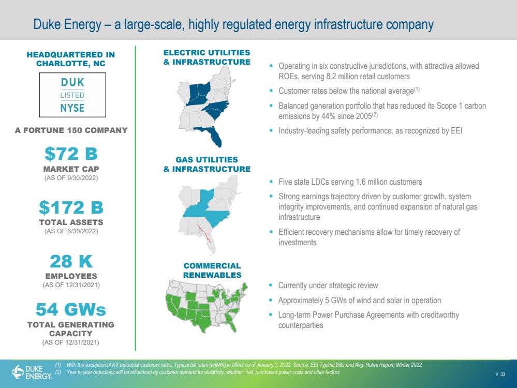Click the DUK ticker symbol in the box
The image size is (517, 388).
coord(72,82)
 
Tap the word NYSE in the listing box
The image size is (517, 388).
coord(72,108)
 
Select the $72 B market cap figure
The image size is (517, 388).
coord(71,154)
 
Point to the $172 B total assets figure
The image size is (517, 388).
coord(71,207)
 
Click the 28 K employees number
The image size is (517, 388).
coord(71,261)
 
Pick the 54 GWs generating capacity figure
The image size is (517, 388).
coord(71,309)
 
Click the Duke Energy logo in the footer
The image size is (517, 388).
coord(32,372)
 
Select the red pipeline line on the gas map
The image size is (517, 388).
coord(204,233)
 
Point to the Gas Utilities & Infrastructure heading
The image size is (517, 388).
coord(207,164)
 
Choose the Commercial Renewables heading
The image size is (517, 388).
coord(212,271)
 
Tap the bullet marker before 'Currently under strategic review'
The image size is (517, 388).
coord(271,285)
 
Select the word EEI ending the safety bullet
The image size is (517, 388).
coord(456,130)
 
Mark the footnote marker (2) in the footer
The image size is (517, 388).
coord(58,372)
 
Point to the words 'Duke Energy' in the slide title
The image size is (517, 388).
coord(67,24)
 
